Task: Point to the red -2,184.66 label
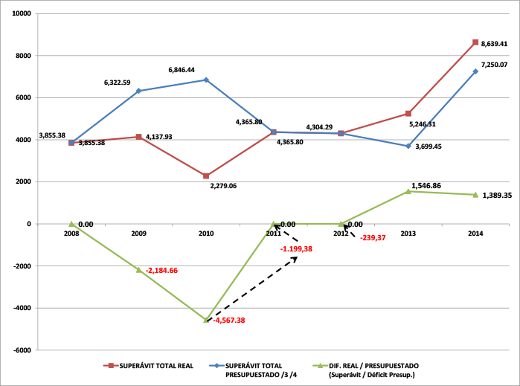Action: [163, 270]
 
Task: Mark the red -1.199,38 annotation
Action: [296, 248]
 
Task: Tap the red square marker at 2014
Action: [475, 42]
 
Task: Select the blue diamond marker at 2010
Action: [206, 80]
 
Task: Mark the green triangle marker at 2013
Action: [408, 191]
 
